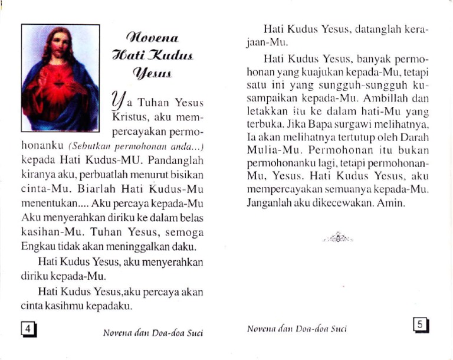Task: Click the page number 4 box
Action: pos(28,329)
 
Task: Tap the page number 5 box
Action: pos(420,325)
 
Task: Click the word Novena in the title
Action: pos(152,38)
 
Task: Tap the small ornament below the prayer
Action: pos(337,237)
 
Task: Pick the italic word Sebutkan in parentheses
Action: pos(89,145)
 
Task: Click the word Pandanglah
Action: pos(176,160)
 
